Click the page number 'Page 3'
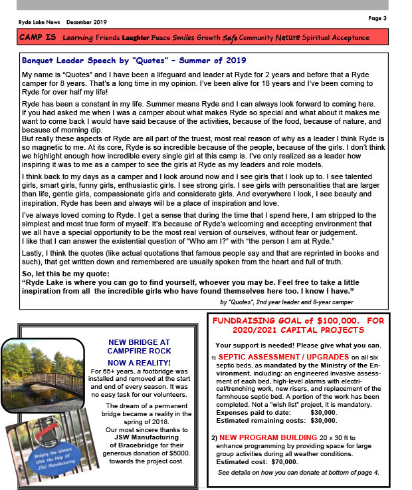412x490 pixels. tap(377, 17)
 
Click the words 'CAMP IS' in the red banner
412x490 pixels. tap(38, 38)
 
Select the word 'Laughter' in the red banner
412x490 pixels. tap(135, 38)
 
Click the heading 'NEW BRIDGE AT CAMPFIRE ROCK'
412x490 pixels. tap(140, 347)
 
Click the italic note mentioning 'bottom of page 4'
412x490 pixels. tap(298, 472)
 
